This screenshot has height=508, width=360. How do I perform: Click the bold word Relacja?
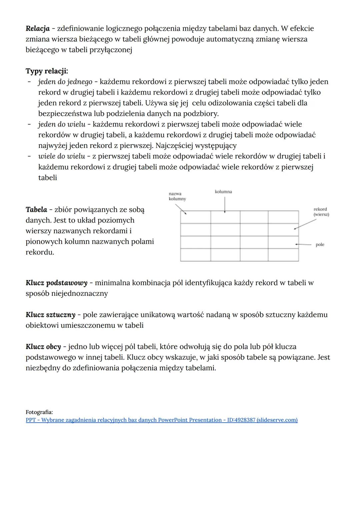coord(37,29)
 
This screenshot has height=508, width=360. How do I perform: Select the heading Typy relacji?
coord(47,71)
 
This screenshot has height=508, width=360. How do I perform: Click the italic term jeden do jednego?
coord(65,82)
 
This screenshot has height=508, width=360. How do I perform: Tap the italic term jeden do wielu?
coord(62,125)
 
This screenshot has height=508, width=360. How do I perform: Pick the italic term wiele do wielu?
coord(62,156)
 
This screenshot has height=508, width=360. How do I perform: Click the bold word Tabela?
coord(36,210)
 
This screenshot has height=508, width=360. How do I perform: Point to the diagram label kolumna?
coord(223,192)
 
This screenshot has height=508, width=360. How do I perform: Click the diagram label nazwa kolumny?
coord(177,196)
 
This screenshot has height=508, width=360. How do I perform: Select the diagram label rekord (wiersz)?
coord(321,212)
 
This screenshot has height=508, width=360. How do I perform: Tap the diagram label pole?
coord(320,245)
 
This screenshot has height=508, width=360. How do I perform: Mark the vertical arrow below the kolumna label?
coord(225,205)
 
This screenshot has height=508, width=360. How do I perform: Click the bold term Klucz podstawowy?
coord(56,283)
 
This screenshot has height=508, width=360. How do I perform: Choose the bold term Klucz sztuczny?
coord(50,315)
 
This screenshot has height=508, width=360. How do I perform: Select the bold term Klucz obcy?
coord(43,347)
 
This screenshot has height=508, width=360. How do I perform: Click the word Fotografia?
coord(39,412)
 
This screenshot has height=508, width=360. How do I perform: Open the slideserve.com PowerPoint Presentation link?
coord(161,420)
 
